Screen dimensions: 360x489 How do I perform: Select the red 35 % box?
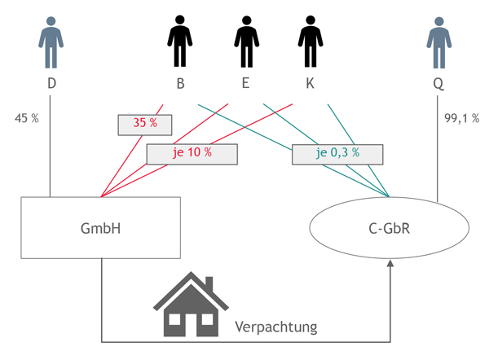coord(145,124)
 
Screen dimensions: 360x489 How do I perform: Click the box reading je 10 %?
coord(192,154)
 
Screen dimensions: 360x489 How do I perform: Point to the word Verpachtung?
coord(276,327)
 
